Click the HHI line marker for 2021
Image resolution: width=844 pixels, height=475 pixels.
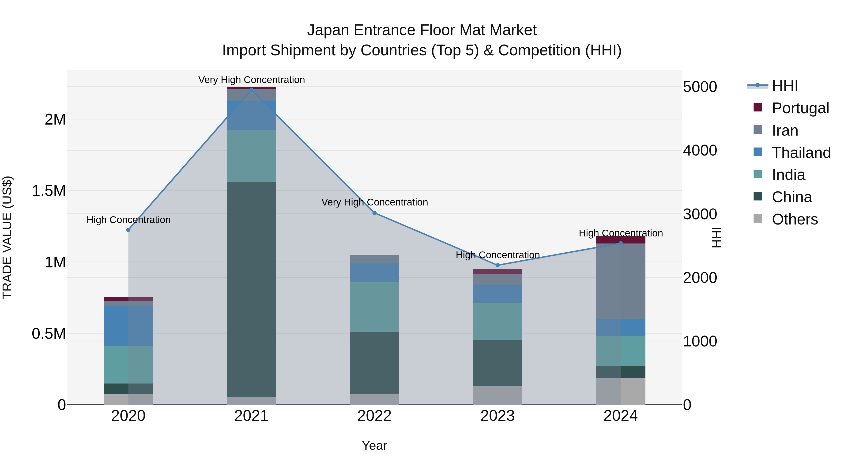coord(251,89)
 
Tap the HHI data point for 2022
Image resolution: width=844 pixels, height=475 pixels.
coord(374,213)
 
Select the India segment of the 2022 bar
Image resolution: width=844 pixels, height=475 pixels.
coord(374,307)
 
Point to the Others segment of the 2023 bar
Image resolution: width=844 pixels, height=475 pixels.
coord(497,395)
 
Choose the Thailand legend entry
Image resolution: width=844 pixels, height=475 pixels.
coord(801,153)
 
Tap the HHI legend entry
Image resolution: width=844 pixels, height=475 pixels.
coord(784,86)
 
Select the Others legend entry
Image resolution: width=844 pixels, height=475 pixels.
coord(795,219)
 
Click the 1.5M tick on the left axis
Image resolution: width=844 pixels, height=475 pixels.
coord(49,191)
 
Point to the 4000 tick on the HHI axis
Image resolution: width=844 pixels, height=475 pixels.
coord(700,150)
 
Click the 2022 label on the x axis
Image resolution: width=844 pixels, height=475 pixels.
coord(374,416)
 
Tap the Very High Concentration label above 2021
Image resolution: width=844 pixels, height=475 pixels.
coord(251,80)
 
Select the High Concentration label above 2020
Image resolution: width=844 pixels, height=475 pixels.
coord(128,220)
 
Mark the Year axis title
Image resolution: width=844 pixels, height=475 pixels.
coord(374,445)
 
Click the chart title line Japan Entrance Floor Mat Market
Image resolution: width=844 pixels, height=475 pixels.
coord(422,30)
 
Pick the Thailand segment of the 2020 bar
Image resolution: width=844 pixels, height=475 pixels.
coord(128,326)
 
